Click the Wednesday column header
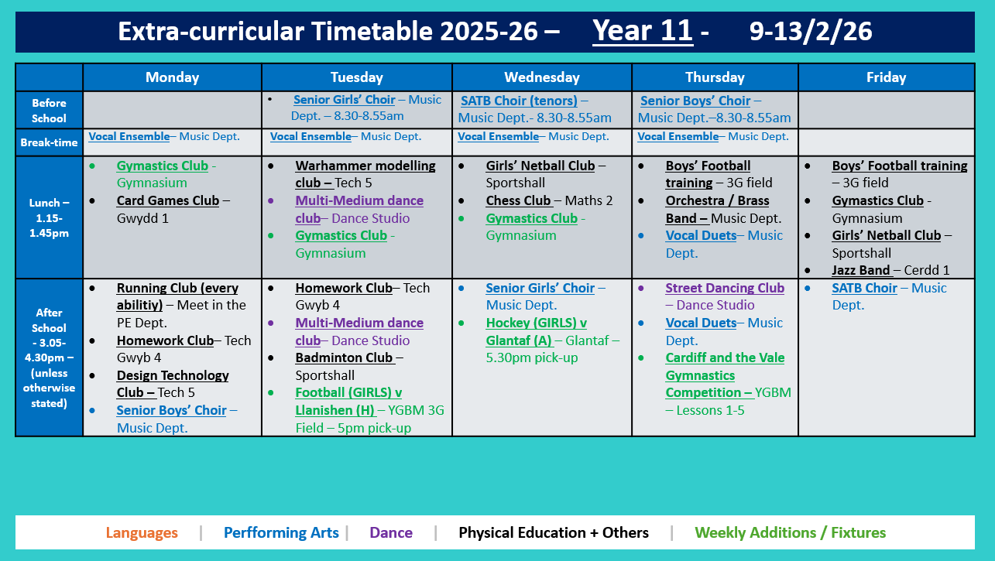coord(541,77)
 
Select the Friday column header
coord(886,77)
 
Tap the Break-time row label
coord(49,143)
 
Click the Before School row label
coord(49,111)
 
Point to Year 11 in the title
coord(642,31)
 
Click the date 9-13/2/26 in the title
coord(811,31)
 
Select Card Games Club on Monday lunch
coord(167,201)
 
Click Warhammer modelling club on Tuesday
coord(365,166)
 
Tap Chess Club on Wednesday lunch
coord(518,201)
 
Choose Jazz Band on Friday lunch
coord(861,271)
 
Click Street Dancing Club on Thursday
coord(725,288)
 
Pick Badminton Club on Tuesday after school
coord(345,358)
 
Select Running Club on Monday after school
coord(177,289)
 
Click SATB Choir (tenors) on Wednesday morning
coord(519,101)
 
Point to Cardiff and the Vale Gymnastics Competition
coord(724,375)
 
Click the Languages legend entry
coord(142,533)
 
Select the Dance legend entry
coord(391,533)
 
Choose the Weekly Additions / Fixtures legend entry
coord(790,533)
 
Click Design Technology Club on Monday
coord(173,376)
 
